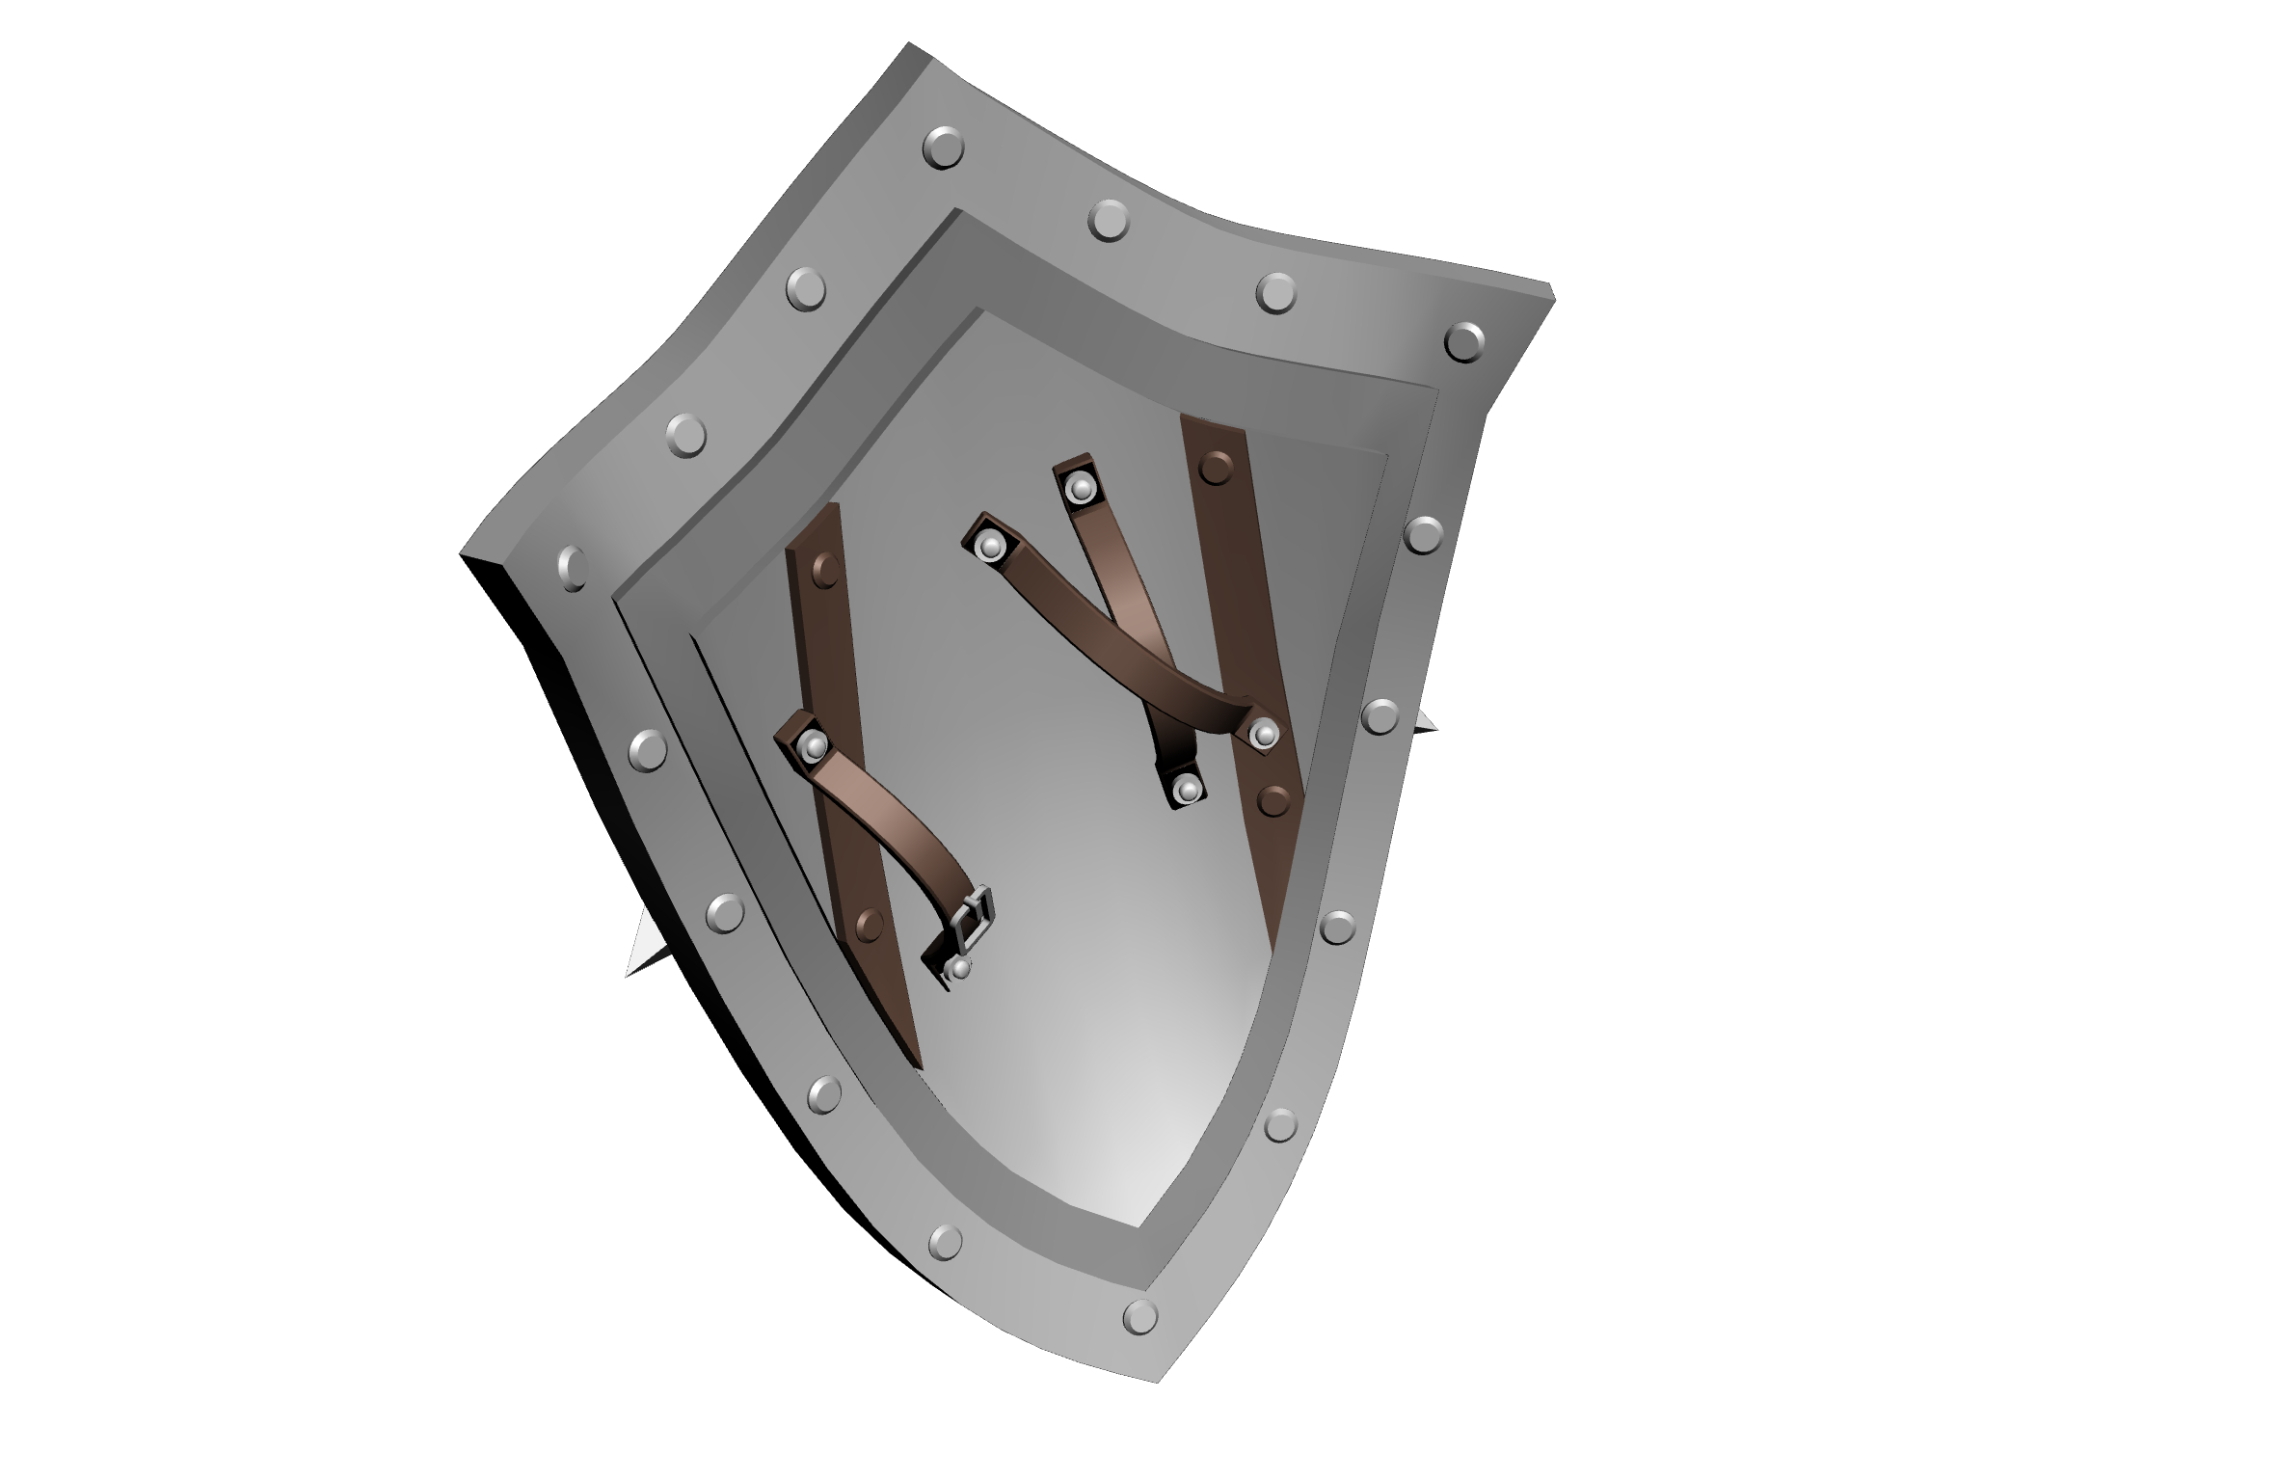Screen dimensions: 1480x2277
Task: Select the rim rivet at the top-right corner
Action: [x=1463, y=341]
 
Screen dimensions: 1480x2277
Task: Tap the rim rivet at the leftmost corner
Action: [x=572, y=567]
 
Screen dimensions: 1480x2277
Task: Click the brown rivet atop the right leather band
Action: [x=1216, y=467]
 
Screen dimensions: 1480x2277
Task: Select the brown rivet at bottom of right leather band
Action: [x=1274, y=799]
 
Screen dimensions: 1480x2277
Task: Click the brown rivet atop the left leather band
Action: [x=826, y=571]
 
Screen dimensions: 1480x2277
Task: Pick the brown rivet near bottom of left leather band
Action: [x=870, y=925]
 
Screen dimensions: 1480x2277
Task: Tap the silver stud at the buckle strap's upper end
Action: [x=814, y=744]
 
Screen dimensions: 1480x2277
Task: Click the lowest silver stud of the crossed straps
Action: [x=1188, y=791]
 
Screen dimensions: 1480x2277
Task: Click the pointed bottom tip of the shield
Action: [x=1158, y=1381]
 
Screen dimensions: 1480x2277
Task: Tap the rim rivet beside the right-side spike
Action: [x=1380, y=716]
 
